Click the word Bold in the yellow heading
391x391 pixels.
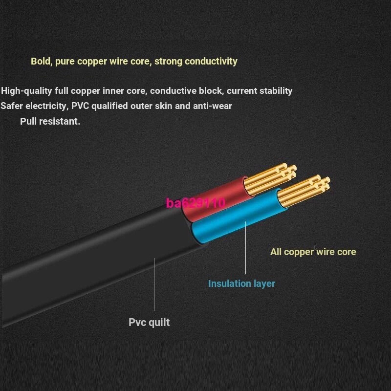click(41, 62)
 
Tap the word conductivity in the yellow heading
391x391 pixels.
click(209, 62)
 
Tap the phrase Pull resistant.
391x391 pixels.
click(50, 121)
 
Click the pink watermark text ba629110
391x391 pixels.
click(195, 203)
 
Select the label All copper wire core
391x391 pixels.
click(313, 252)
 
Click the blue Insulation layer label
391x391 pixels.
click(241, 283)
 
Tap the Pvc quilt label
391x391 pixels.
click(149, 322)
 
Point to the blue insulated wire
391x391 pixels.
click(235, 220)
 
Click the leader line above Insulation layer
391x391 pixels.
click(245, 249)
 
